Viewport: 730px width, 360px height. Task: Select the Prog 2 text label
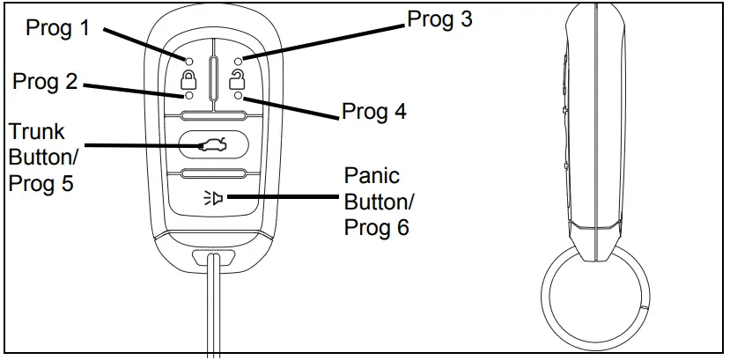[46, 83]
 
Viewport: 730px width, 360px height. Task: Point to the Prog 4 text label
[374, 114]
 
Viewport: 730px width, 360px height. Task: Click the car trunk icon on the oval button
[213, 144]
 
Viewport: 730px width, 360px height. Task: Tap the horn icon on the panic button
[213, 199]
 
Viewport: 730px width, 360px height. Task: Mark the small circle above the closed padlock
[188, 60]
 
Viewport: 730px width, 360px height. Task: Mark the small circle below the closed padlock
[188, 95]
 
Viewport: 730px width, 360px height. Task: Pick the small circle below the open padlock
[238, 96]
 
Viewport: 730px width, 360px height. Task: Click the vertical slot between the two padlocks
[213, 77]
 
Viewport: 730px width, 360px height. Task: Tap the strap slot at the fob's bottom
[212, 259]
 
